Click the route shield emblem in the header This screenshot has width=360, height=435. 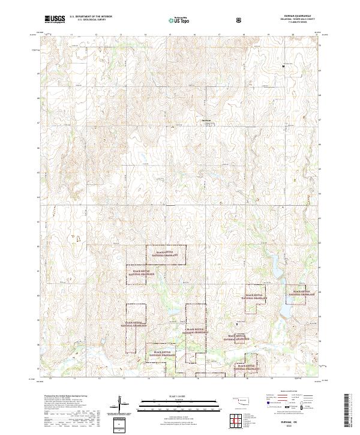pyautogui.click(x=239, y=20)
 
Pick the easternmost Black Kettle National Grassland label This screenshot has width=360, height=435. pyautogui.click(x=299, y=295)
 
